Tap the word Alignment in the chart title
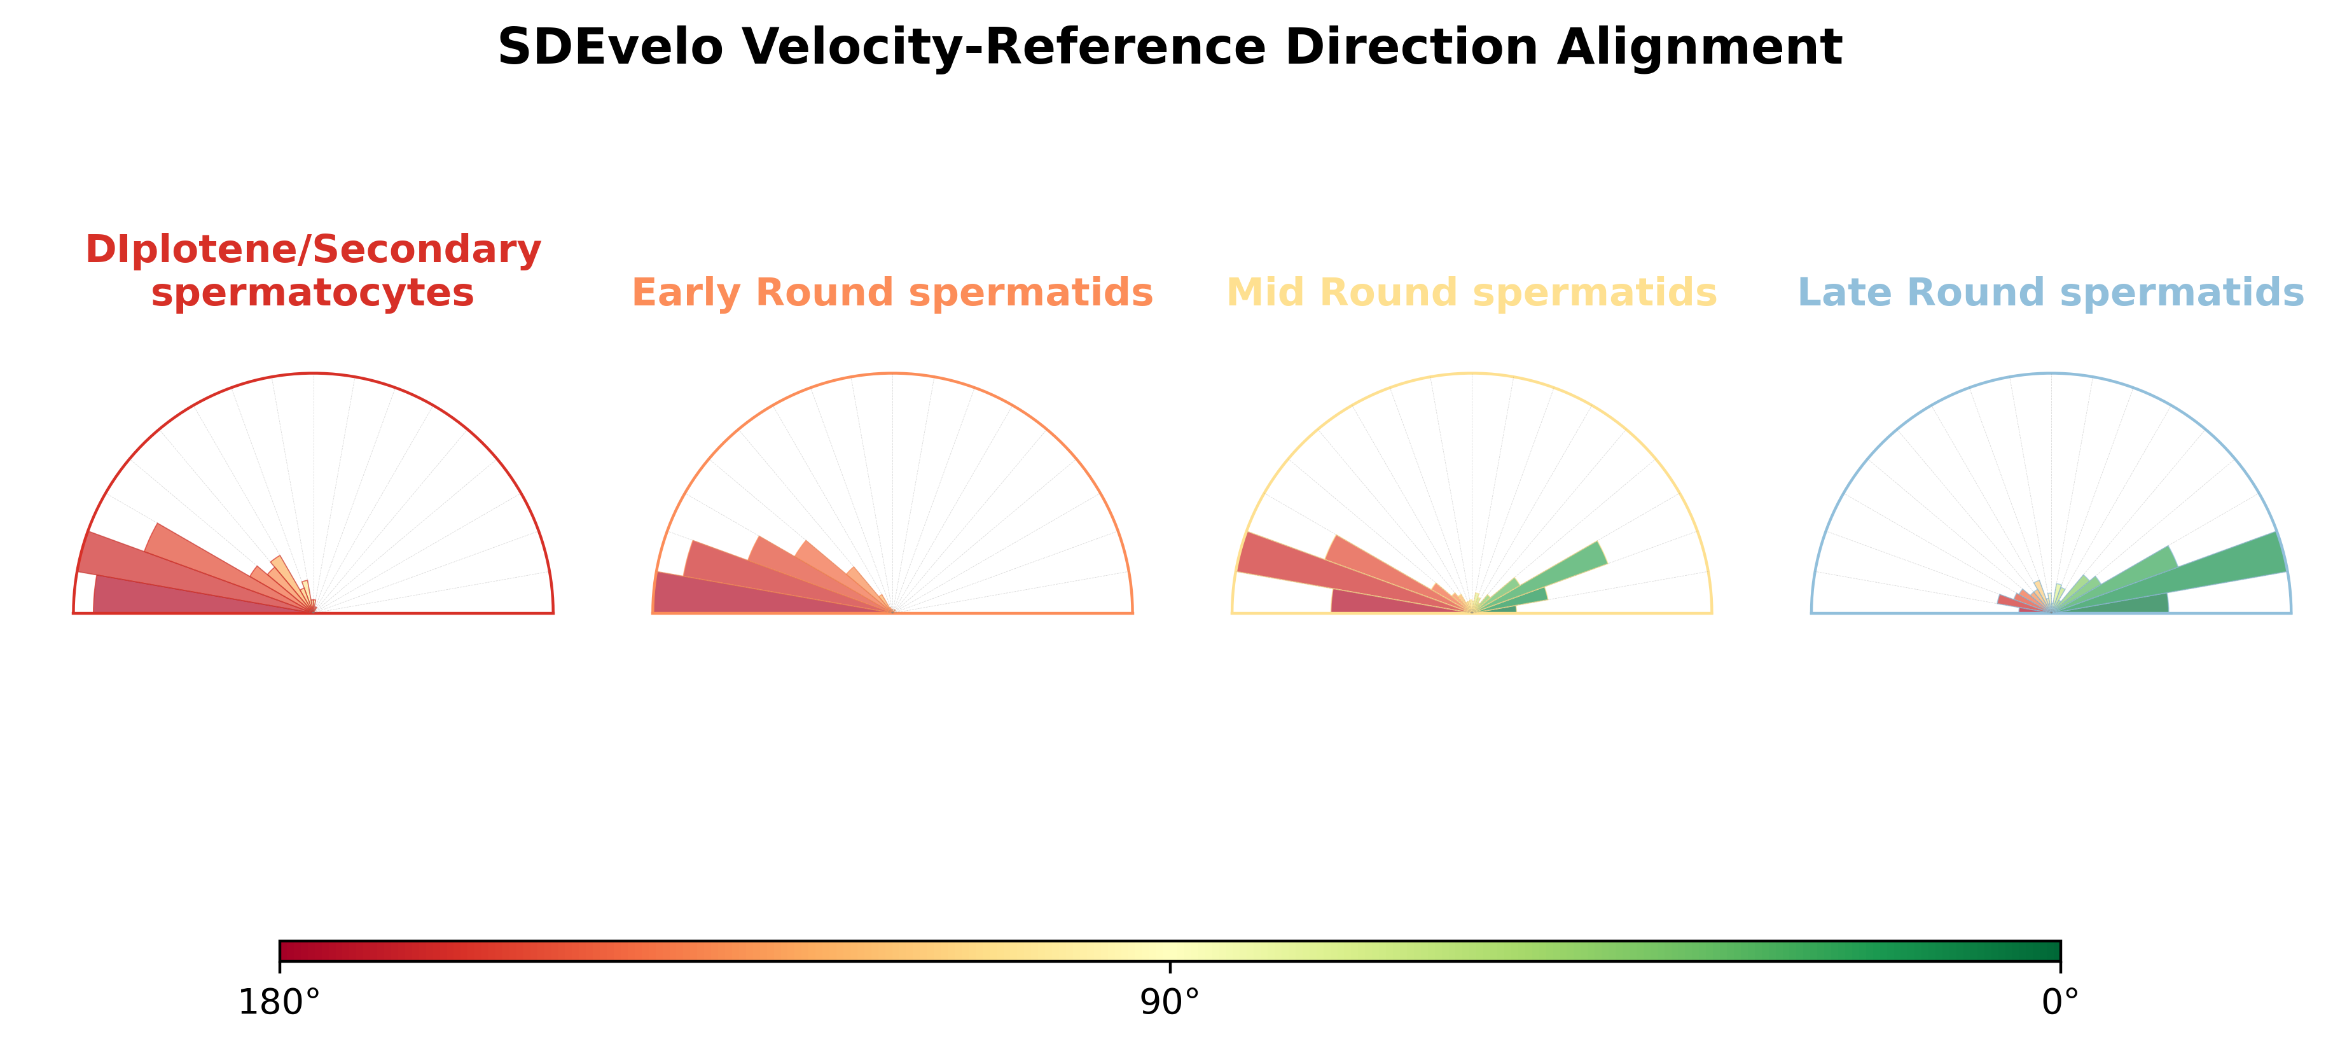(1700, 47)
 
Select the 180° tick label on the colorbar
(279, 1002)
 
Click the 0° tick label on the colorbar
(2060, 1002)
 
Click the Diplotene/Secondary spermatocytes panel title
(314, 271)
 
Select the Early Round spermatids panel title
(892, 293)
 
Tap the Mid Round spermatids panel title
(1472, 293)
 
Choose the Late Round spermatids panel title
(2051, 293)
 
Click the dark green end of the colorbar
(2044, 951)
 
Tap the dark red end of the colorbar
(295, 951)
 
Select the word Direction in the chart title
(1411, 47)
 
